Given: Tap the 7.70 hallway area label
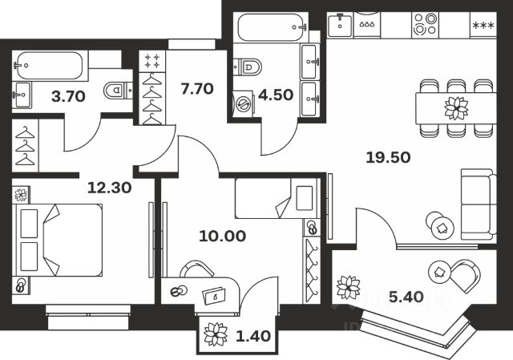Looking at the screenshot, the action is tap(197, 89).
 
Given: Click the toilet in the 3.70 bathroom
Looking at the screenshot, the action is tap(117, 91).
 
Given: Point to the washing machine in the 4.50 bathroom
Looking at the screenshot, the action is tap(242, 106).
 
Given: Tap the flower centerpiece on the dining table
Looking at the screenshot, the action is tap(456, 107).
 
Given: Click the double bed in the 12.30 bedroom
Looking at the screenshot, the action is tap(61, 237).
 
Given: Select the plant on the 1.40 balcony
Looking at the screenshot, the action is tap(216, 334).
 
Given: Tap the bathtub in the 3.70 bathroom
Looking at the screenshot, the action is tap(49, 63).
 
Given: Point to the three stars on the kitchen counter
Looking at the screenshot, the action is tap(483, 26).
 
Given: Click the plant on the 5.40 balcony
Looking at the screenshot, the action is tap(348, 287).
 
